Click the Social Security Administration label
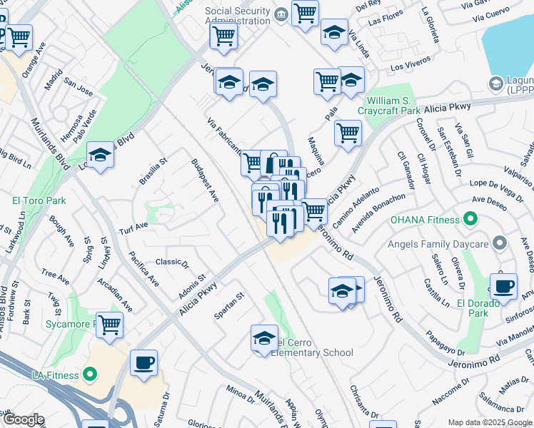click(x=238, y=16)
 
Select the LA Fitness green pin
click(x=89, y=374)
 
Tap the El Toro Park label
click(x=39, y=200)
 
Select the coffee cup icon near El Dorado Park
click(x=504, y=287)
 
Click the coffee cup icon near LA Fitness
click(x=144, y=362)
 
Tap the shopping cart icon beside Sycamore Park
click(x=110, y=325)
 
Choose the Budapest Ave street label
click(x=204, y=180)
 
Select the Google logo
click(x=23, y=419)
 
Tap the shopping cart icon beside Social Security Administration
click(x=305, y=13)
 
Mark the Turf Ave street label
click(x=133, y=227)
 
